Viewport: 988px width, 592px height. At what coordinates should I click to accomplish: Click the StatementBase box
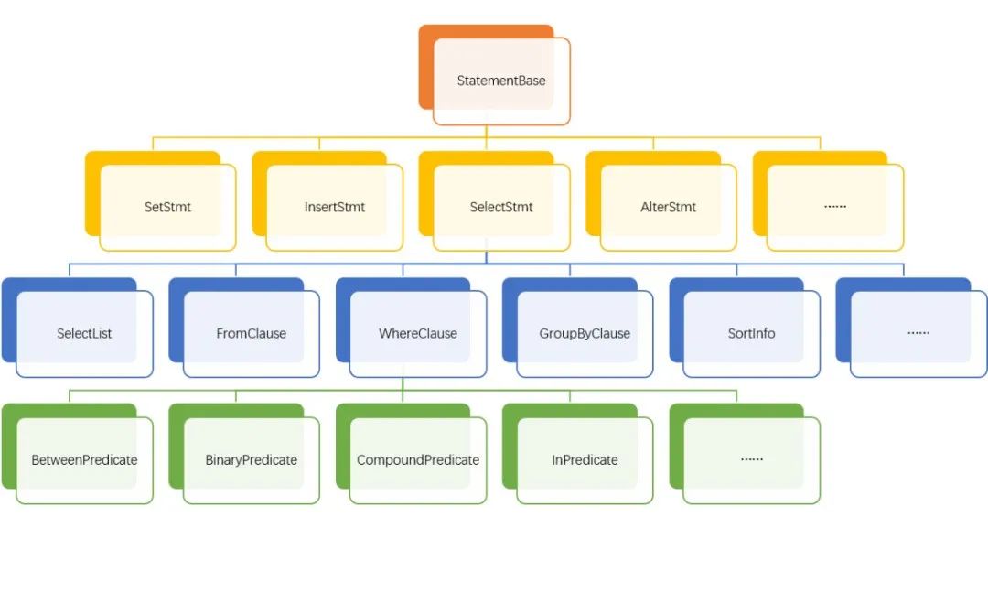click(495, 75)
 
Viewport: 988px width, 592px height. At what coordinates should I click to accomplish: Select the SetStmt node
click(161, 201)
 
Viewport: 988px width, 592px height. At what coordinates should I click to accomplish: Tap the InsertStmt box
click(328, 201)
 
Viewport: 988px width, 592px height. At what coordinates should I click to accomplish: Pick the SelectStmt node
click(495, 201)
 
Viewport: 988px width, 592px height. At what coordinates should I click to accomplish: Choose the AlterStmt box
click(661, 201)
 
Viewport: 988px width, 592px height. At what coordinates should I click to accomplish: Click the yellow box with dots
click(829, 201)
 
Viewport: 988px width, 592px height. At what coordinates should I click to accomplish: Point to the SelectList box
click(78, 328)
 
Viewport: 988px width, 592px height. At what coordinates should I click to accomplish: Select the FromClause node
click(244, 328)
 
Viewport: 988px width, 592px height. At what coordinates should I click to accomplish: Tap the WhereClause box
click(412, 328)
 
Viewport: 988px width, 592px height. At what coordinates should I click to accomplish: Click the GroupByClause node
click(578, 328)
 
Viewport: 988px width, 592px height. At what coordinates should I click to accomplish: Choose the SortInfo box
click(745, 328)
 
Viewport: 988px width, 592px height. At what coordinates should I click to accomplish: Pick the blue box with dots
click(912, 328)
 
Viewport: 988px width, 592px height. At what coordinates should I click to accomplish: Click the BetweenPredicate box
click(78, 454)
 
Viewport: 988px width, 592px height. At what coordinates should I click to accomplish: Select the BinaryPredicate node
click(244, 454)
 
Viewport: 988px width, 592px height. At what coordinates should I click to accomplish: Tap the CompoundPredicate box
click(412, 454)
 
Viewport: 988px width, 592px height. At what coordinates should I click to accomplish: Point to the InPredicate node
click(578, 454)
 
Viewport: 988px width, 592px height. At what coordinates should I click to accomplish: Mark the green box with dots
click(745, 454)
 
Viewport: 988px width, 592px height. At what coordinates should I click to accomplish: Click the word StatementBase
click(501, 81)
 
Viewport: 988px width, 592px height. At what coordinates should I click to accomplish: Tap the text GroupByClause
click(585, 333)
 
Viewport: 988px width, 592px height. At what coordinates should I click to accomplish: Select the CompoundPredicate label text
click(418, 460)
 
